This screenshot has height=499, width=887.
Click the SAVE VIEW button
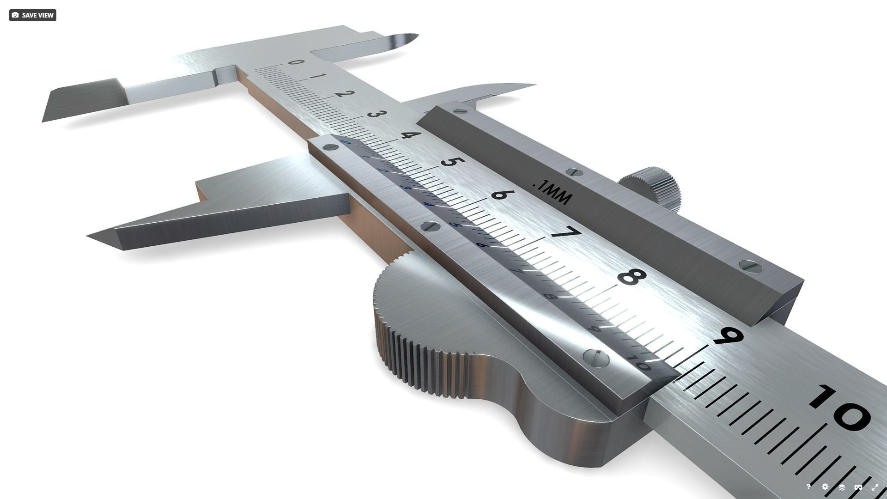[32, 15]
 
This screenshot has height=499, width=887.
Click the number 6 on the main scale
[500, 194]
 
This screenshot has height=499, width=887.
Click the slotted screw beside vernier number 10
[596, 358]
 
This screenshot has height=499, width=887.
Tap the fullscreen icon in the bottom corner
[875, 487]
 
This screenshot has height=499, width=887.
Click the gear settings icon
[825, 487]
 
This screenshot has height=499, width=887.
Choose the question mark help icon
[808, 487]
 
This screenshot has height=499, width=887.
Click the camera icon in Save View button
[15, 15]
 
